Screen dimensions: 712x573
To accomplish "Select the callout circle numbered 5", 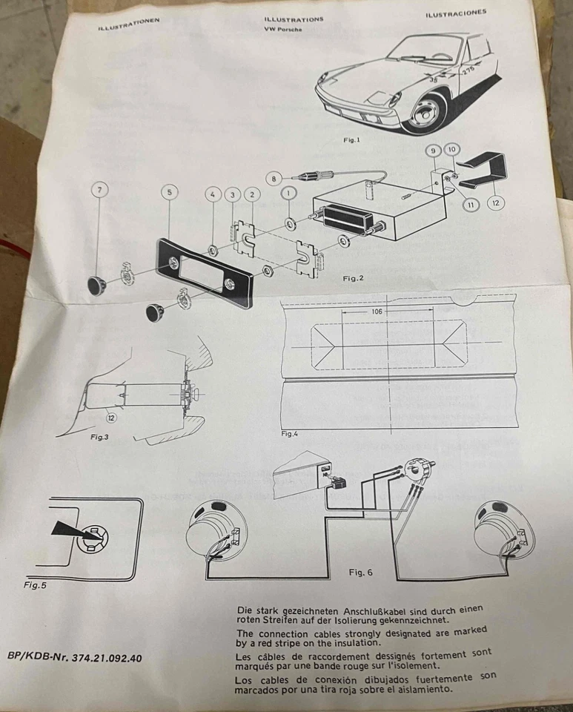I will tap(170, 192).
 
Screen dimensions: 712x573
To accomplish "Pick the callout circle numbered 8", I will tap(274, 178).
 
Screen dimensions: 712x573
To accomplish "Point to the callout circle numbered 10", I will tap(452, 151).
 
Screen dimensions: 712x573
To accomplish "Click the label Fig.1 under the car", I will tap(352, 139).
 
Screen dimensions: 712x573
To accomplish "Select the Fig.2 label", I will tap(353, 278).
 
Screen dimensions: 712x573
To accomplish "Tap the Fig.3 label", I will tap(99, 438).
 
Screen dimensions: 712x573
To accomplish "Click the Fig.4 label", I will tap(289, 433).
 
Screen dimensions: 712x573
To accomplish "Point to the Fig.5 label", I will tap(34, 584).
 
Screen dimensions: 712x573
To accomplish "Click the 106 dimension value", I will tap(377, 312).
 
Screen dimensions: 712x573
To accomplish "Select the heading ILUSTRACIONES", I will tap(456, 13).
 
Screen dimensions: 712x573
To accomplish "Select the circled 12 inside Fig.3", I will tap(110, 418).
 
